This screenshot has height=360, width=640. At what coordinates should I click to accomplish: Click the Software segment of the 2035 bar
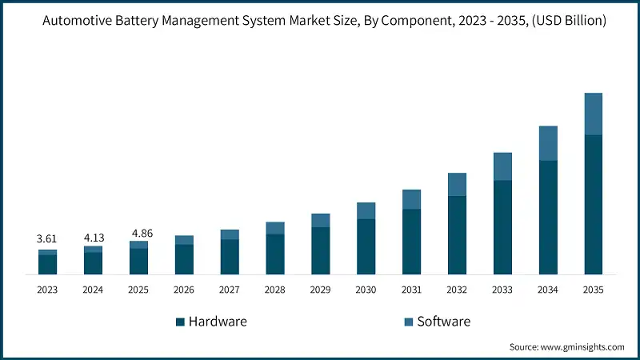tap(593, 114)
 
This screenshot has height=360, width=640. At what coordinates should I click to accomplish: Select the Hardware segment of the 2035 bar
tap(593, 205)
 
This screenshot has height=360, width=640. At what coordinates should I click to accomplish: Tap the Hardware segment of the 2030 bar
tap(366, 246)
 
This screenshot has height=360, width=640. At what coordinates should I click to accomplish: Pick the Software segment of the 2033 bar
tap(502, 166)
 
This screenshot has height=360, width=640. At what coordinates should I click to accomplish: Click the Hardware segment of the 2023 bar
tap(47, 265)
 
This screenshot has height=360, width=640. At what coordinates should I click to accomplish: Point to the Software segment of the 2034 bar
tap(548, 143)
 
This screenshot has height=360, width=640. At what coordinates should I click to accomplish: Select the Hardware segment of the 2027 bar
tap(230, 257)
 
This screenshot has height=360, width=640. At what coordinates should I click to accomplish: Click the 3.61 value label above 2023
tap(47, 238)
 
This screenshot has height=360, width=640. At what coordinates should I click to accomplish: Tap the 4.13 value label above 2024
tap(93, 238)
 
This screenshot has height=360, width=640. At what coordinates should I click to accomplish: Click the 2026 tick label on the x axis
tap(184, 290)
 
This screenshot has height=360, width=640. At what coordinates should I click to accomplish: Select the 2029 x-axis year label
tap(320, 290)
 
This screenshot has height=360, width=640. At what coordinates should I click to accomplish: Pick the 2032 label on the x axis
tap(457, 290)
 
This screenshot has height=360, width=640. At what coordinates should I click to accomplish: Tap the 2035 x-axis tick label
tap(593, 290)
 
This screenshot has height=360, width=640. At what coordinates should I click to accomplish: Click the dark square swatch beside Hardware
tap(180, 322)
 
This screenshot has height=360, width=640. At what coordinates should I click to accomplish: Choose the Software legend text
tap(443, 322)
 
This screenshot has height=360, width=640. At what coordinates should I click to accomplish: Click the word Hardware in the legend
tap(218, 322)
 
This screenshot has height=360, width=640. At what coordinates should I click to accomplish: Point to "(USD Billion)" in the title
tap(566, 20)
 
